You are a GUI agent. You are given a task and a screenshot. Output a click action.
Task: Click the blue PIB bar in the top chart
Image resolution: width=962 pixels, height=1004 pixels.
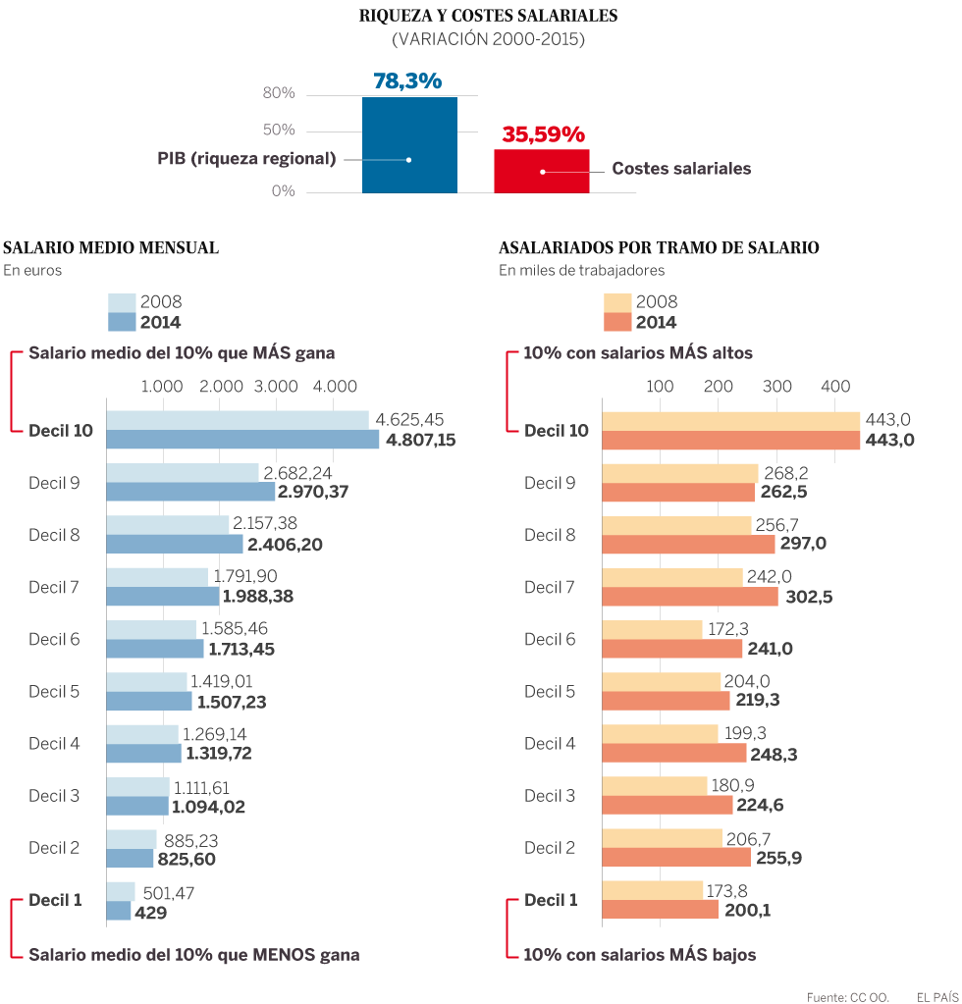click(x=409, y=144)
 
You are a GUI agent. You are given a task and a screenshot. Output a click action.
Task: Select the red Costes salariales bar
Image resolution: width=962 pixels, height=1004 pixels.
click(x=541, y=171)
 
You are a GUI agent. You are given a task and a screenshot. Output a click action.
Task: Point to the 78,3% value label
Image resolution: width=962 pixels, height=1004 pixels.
click(x=407, y=81)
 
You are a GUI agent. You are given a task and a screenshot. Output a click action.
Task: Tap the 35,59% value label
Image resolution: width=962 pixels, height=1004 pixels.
click(x=543, y=134)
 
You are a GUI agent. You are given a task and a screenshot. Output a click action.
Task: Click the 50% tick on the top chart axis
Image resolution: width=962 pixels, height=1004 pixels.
click(x=278, y=131)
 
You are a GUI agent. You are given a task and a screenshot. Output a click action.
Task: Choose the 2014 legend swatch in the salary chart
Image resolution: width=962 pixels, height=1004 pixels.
click(x=121, y=322)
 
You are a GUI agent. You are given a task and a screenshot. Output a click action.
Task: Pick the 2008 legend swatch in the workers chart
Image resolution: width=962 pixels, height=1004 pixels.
click(x=615, y=302)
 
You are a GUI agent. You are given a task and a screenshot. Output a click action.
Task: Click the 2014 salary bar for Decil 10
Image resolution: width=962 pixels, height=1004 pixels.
click(x=241, y=440)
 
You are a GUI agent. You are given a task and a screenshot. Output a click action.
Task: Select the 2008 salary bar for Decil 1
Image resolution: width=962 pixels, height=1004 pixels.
click(x=120, y=891)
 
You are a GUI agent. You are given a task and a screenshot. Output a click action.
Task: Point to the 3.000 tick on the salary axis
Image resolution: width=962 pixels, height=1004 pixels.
click(x=276, y=387)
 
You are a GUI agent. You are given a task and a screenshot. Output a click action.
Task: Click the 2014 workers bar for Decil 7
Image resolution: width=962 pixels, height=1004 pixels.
click(x=689, y=596)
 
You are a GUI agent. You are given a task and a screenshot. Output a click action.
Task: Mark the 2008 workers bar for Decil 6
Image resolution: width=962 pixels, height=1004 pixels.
click(x=651, y=628)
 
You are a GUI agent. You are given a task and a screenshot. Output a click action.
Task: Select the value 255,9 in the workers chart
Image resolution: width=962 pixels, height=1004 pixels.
click(x=779, y=857)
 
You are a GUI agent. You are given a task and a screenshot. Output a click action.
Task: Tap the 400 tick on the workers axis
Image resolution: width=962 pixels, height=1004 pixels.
click(x=835, y=387)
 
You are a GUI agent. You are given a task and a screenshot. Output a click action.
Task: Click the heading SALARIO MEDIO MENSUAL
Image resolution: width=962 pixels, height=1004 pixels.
click(x=111, y=248)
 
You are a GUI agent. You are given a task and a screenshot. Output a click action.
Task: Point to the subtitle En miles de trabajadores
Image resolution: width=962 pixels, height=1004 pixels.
click(x=581, y=270)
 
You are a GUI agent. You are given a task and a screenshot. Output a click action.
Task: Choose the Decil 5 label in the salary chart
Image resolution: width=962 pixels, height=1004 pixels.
click(x=54, y=691)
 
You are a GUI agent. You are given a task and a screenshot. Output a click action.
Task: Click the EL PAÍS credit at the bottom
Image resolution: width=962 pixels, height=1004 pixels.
click(x=937, y=997)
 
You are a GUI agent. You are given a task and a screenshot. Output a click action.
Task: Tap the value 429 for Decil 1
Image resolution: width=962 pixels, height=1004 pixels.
click(x=150, y=912)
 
